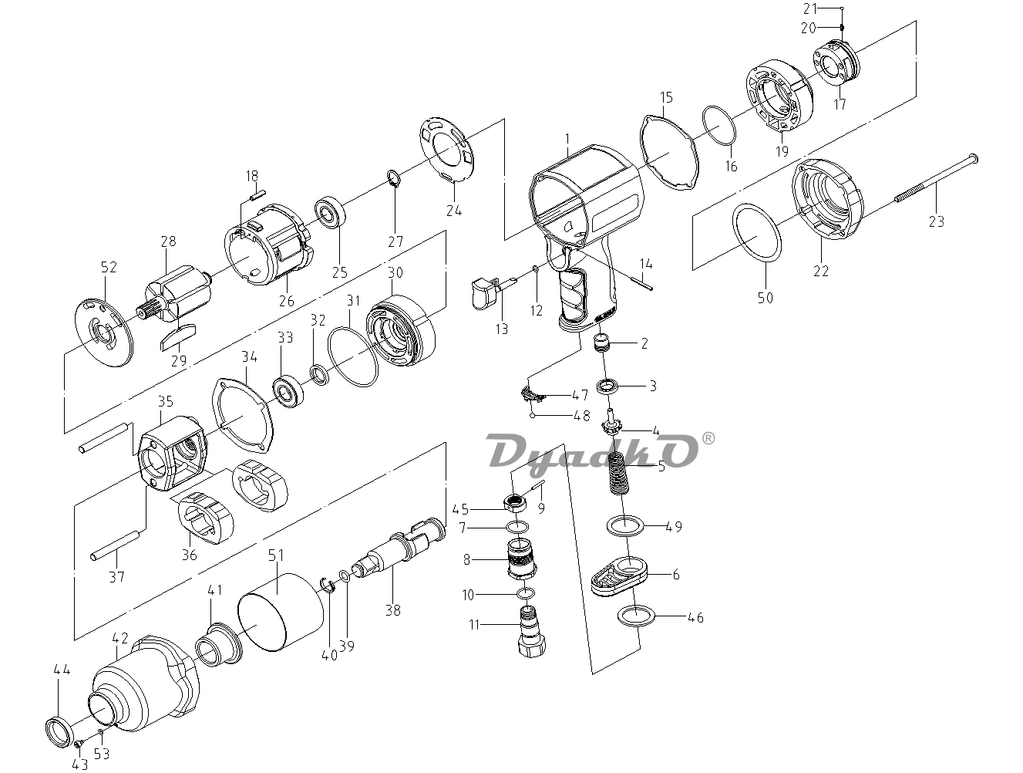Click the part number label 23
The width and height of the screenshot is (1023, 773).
click(937, 221)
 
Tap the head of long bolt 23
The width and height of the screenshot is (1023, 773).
click(973, 158)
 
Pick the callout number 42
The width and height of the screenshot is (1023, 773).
click(120, 638)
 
